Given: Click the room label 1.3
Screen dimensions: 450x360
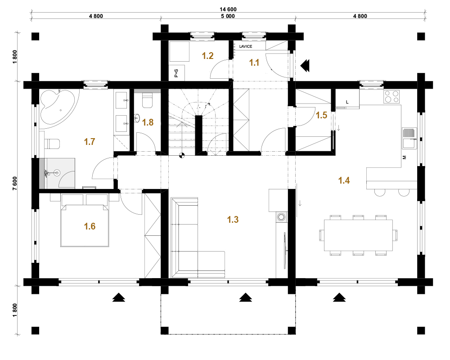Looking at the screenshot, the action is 233,220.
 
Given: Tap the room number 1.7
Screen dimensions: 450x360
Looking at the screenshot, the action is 89,142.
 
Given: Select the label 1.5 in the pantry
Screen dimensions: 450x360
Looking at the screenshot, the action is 321,115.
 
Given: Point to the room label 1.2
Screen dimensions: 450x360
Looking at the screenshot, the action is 208,56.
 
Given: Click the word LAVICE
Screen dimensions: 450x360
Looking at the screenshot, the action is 246,46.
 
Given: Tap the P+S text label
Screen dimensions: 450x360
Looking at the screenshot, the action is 176,73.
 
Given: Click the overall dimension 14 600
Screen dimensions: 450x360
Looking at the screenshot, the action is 228,9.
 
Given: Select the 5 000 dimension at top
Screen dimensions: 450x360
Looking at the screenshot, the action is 228,16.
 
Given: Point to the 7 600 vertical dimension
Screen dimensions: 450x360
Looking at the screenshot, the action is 15,183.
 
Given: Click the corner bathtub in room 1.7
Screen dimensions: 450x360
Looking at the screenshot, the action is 58,108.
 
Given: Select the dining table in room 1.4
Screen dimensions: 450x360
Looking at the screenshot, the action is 358,235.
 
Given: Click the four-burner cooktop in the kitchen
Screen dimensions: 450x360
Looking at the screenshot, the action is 392,96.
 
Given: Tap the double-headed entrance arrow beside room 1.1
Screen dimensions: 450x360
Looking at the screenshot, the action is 305,66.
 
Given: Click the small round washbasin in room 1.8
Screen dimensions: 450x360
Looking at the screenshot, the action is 137,118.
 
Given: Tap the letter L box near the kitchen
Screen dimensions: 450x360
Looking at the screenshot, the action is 347,102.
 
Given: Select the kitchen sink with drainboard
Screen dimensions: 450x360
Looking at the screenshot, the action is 409,138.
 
